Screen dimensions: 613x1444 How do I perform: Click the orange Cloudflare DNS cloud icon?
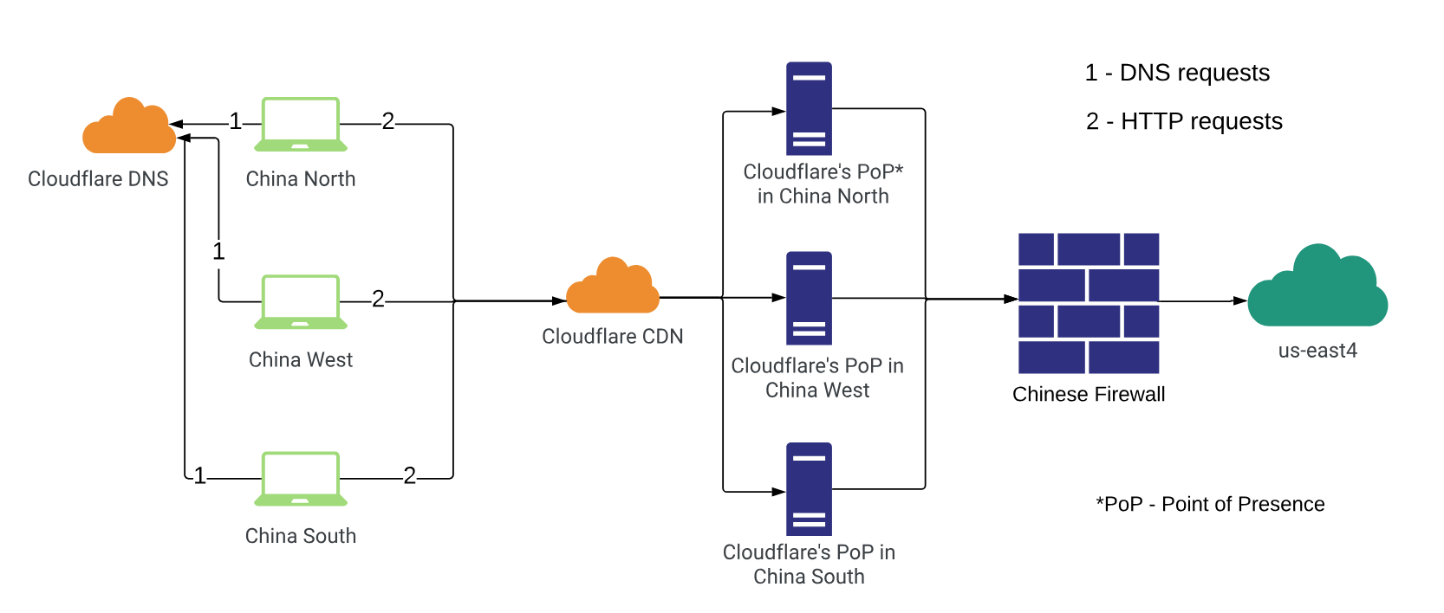128,127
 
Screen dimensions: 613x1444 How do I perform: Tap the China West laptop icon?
301,302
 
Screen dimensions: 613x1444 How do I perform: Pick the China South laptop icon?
301,478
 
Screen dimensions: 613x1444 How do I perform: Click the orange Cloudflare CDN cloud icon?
613,287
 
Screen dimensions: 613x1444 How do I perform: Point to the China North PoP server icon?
809,108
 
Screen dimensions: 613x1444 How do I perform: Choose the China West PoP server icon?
809,298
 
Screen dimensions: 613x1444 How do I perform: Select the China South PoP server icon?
809,489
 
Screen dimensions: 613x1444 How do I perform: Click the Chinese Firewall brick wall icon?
1089,303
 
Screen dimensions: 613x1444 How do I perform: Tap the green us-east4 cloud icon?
1317,288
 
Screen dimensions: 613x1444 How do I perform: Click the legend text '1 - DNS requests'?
1177,73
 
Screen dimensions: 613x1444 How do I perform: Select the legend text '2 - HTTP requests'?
1184,121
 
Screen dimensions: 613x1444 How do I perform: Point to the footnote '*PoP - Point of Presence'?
1210,504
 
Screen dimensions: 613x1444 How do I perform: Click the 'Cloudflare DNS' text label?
98,179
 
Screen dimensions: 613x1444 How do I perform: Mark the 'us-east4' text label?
1317,351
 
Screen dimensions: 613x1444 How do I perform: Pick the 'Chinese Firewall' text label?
1089,395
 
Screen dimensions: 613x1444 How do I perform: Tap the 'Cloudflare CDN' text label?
613,337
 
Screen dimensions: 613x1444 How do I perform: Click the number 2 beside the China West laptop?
378,300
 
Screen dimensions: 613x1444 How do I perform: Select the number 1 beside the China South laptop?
200,476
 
